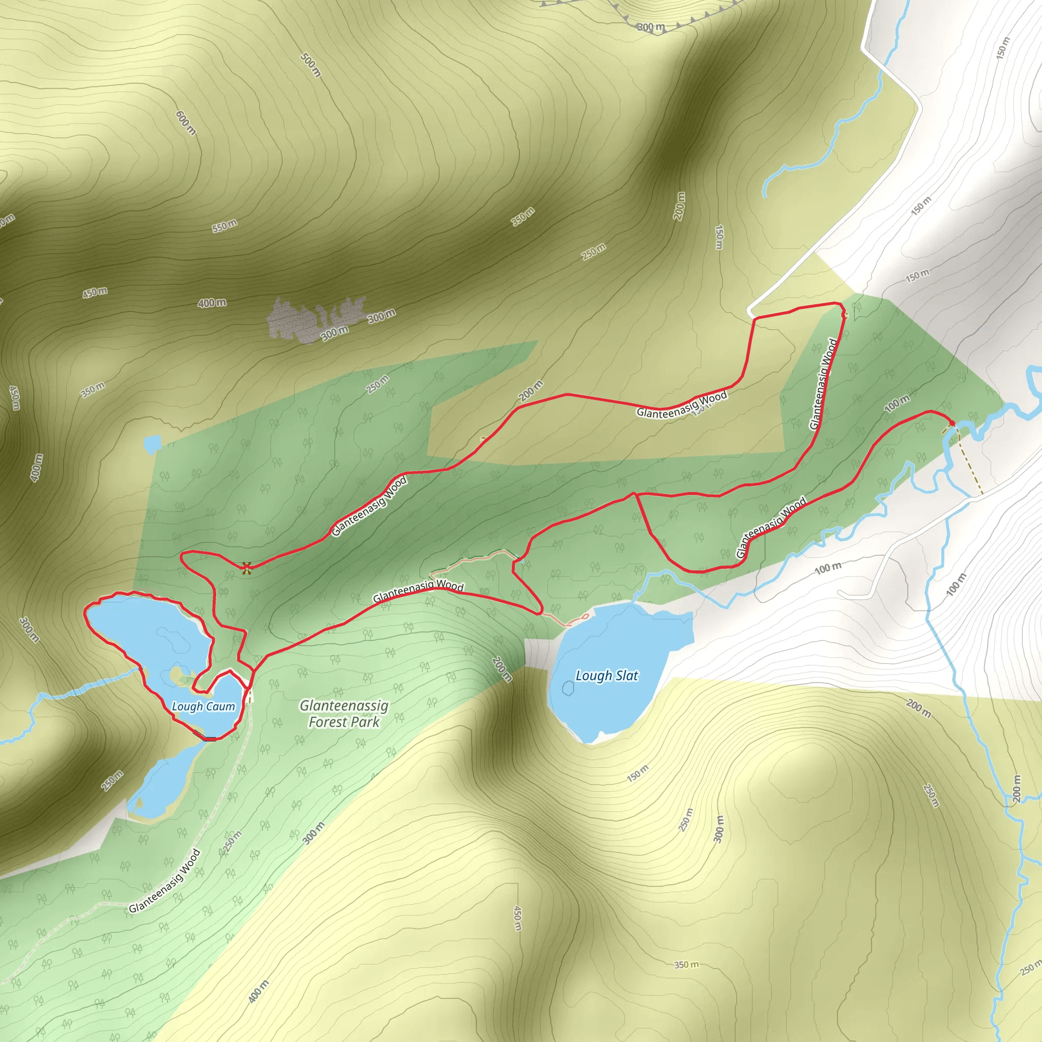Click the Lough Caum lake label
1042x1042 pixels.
click(x=204, y=707)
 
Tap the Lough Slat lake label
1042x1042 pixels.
click(x=607, y=676)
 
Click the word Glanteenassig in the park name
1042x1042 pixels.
click(x=344, y=706)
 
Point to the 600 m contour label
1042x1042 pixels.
click(x=186, y=123)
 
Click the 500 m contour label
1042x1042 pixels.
click(x=311, y=65)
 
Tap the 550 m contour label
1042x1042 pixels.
click(x=224, y=226)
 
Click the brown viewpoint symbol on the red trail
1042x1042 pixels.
click(x=247, y=567)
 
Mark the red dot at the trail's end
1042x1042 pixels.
click(x=951, y=423)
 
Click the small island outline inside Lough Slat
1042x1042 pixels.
click(x=568, y=688)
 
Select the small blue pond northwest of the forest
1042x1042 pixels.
click(x=153, y=443)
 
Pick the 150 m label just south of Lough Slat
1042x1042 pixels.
click(x=638, y=773)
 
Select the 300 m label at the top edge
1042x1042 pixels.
click(x=651, y=27)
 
